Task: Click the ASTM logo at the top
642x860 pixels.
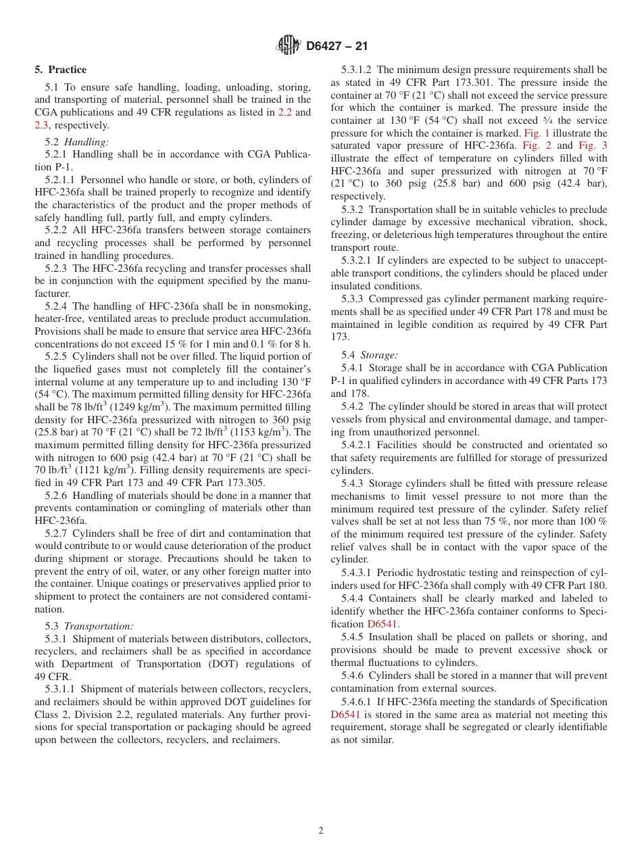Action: pos(289,46)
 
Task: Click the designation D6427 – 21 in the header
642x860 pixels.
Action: pos(337,47)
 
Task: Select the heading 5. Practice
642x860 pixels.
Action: pos(61,70)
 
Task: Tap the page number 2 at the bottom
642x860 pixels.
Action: pos(321,830)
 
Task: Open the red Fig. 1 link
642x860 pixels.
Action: pos(537,133)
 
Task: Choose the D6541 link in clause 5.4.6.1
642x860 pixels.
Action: pos(345,714)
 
